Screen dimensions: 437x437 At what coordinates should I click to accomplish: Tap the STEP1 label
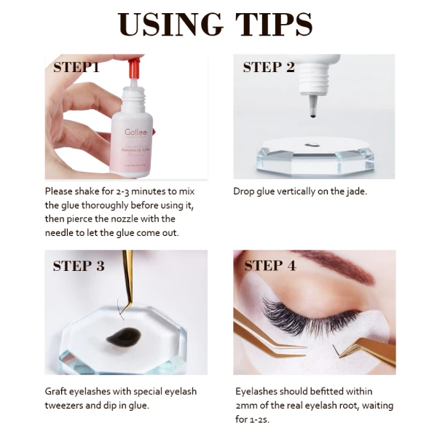[76, 68]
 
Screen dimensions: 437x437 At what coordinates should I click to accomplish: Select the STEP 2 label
[269, 68]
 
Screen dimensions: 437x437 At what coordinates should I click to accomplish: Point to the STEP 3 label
[79, 266]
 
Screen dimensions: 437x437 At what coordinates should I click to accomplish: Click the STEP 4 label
[269, 266]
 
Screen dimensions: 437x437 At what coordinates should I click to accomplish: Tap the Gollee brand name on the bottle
[136, 133]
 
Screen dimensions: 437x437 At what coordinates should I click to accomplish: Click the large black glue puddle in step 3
[119, 336]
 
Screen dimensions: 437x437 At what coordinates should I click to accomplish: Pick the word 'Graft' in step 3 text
[56, 392]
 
